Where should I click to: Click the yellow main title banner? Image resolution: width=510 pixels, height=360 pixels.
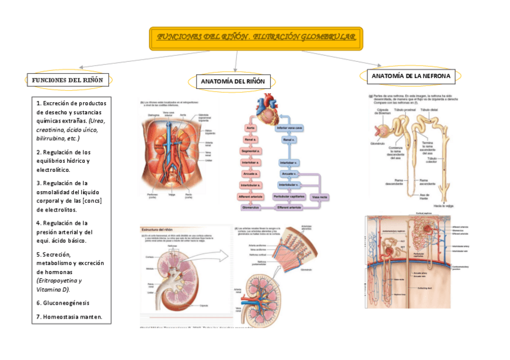pos(256,38)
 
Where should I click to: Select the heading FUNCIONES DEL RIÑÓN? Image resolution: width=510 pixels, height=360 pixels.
pos(67,80)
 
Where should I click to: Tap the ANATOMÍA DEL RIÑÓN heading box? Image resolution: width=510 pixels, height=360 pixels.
pos(233,82)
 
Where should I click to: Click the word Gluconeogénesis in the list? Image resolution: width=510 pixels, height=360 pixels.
pos(66,303)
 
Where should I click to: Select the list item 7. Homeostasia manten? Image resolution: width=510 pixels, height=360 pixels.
pos(69,317)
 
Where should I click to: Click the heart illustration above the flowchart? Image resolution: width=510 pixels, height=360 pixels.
pos(266,108)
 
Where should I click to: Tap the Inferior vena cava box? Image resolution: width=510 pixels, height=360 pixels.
pos(289,129)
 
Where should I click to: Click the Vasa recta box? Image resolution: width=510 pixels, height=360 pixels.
pos(319,197)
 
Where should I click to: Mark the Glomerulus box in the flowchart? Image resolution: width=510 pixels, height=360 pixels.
pos(251,207)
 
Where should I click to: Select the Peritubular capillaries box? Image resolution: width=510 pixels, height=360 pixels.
pos(289,197)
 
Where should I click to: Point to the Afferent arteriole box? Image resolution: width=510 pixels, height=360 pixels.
pos(251,197)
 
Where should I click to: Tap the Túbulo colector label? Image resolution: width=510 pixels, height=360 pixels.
pos(431,160)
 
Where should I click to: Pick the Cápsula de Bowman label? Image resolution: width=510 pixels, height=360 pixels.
pos(383,112)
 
